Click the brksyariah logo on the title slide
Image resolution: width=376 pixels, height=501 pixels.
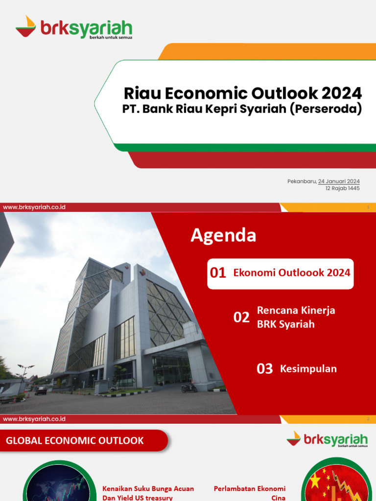[x=73, y=27]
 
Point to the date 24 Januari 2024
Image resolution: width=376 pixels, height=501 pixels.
[x=339, y=182]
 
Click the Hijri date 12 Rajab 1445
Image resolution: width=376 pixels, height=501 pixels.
[x=342, y=188]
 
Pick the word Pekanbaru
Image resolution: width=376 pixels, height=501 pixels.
[x=302, y=182]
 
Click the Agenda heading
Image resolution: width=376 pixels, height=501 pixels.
[x=223, y=235]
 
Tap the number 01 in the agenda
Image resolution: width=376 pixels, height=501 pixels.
[x=218, y=273]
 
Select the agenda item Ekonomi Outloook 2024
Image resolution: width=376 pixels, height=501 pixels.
[x=292, y=273]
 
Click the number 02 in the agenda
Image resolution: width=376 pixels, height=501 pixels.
[x=241, y=318]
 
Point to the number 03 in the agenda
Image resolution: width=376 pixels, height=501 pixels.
[x=265, y=369]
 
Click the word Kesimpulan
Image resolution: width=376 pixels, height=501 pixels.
[x=308, y=369]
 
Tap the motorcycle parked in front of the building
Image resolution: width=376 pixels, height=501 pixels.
[x=189, y=387]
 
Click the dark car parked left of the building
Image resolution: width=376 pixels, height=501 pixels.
[x=41, y=390]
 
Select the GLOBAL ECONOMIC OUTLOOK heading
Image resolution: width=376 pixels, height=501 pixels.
[x=75, y=441]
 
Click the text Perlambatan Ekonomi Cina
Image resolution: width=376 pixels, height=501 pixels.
[x=250, y=493]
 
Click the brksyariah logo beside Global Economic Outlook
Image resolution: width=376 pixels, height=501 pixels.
[x=327, y=439]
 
